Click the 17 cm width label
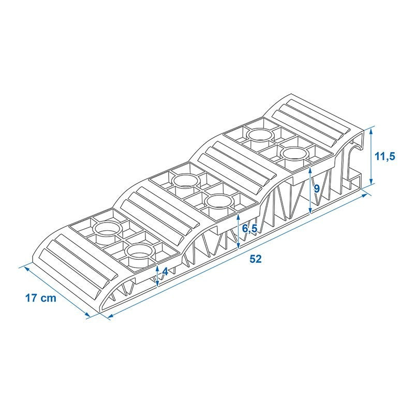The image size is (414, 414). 41,298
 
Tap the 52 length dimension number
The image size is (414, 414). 255,259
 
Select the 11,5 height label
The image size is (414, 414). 385,157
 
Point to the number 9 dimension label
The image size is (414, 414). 316,188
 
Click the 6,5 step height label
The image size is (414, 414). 250,229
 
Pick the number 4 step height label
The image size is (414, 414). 165,271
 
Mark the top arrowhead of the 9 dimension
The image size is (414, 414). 310,171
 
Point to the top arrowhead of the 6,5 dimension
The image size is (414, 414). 239,217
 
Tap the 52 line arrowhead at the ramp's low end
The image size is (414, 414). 110,316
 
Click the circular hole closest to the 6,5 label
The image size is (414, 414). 219,202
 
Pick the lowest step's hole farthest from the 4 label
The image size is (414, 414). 108,229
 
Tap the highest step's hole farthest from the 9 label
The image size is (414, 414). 260,135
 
